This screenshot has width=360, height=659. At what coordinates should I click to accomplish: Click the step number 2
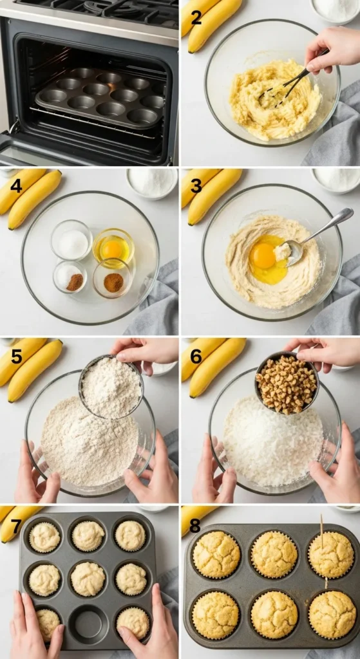[196, 18]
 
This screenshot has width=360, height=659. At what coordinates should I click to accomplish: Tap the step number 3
[196, 185]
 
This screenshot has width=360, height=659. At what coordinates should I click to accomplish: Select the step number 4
[16, 185]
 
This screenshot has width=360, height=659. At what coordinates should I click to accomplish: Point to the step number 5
[16, 357]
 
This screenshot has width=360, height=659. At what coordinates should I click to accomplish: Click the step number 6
[196, 357]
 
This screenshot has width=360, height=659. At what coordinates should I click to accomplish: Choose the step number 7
[16, 526]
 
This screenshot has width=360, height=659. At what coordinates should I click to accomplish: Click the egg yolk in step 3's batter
[263, 256]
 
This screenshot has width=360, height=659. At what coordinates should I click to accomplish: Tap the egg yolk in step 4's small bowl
[112, 249]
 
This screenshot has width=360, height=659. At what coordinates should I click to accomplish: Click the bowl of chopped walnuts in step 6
[287, 383]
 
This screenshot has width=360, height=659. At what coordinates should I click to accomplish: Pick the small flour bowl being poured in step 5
[111, 387]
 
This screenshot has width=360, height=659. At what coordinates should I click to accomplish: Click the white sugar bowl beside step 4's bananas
[152, 183]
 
